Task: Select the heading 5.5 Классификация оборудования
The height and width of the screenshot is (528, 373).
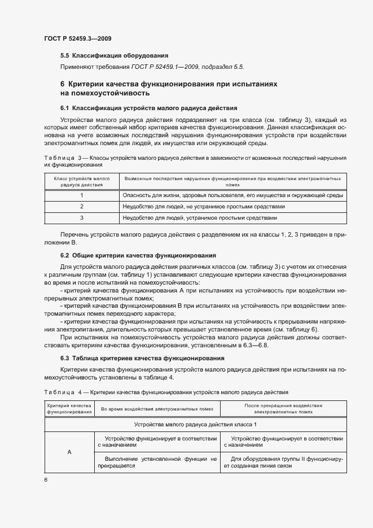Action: click(115, 55)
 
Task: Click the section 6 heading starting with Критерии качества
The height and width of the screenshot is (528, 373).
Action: click(169, 88)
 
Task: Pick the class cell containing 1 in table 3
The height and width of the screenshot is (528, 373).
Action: click(81, 195)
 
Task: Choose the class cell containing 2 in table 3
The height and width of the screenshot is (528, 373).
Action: click(81, 207)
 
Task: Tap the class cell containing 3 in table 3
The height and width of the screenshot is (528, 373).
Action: click(81, 217)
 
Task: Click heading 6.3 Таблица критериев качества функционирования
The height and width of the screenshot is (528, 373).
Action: click(142, 358)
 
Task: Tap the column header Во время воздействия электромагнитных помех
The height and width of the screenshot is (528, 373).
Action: click(157, 409)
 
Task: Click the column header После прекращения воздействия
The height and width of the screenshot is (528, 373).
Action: click(283, 409)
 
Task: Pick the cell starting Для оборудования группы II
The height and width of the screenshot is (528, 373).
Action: click(283, 463)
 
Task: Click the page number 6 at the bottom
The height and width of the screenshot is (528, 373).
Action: click(46, 479)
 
